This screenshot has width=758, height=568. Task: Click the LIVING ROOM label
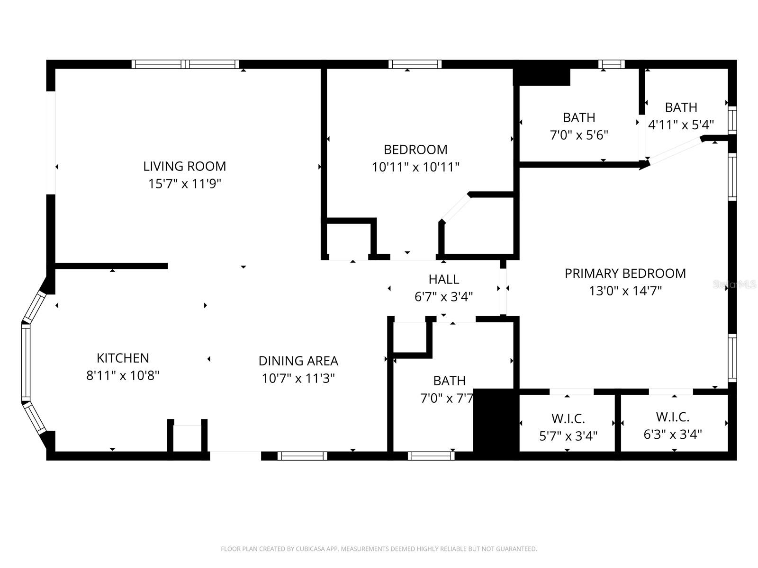[184, 166]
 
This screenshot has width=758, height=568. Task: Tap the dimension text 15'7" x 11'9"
[184, 184]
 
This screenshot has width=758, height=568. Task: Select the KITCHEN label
[123, 358]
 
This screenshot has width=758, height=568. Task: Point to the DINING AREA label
[298, 361]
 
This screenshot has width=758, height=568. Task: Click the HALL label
[443, 279]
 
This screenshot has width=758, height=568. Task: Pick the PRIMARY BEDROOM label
[625, 273]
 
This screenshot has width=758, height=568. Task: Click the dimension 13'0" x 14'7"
[625, 291]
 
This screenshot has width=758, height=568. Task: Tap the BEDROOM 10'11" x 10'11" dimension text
[415, 167]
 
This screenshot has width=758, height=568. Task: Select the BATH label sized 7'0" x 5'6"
[579, 117]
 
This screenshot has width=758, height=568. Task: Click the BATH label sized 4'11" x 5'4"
[681, 107]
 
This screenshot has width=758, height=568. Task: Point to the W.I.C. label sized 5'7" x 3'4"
[568, 418]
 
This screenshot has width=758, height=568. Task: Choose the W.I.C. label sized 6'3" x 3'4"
[672, 417]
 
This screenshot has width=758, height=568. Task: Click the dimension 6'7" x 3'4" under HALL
[443, 297]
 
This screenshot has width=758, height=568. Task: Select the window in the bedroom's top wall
[415, 64]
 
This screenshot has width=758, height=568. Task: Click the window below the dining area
[302, 456]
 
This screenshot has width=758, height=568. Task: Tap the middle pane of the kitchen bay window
[26, 362]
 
